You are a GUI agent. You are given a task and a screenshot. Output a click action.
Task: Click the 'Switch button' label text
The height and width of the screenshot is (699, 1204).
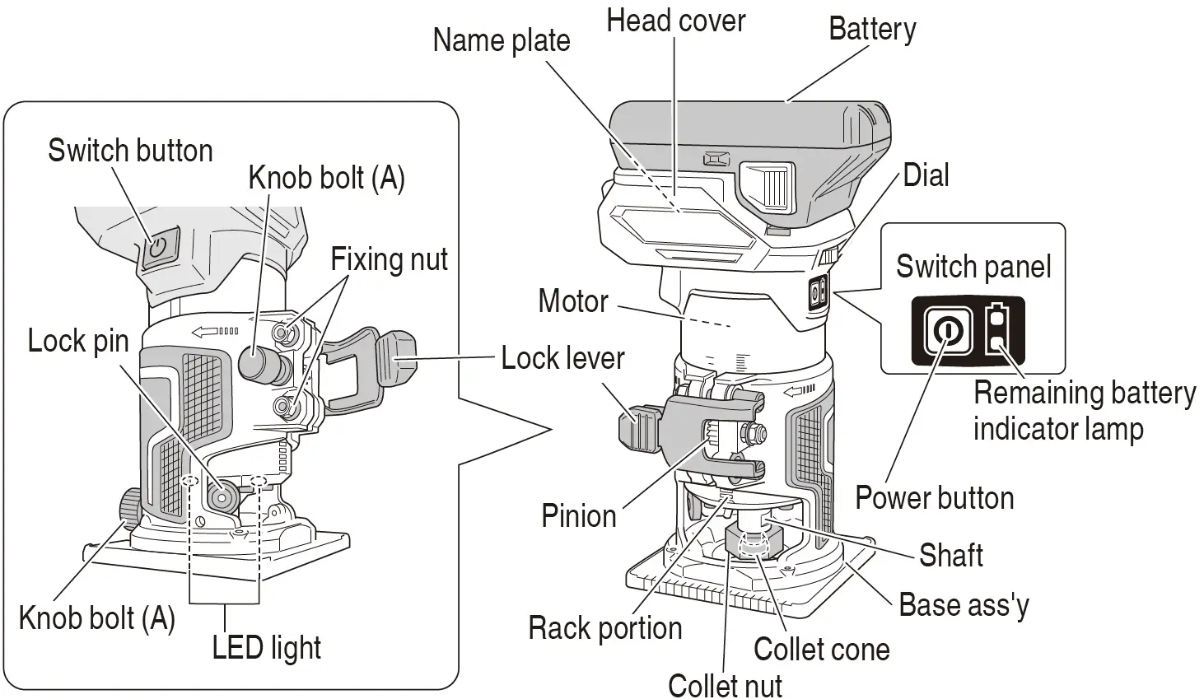point(131,150)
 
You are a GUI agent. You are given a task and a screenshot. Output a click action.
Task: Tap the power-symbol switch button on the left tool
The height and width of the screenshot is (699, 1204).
point(159,248)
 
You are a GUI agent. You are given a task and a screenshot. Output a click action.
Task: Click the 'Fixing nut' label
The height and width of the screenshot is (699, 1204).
point(389,259)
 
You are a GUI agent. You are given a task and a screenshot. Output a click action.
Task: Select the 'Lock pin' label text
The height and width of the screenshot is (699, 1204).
point(78,341)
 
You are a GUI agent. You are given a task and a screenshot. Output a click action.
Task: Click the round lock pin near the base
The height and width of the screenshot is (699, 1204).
point(222,496)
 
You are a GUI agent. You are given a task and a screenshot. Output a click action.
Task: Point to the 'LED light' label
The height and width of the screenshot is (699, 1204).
point(267,647)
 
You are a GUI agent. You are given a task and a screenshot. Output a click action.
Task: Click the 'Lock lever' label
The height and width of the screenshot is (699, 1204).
point(562,358)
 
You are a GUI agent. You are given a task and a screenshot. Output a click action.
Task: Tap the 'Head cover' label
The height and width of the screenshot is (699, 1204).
point(675,21)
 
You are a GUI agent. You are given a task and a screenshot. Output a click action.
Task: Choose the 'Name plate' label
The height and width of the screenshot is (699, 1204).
point(502,41)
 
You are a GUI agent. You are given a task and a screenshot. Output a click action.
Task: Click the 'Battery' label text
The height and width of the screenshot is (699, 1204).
point(872,30)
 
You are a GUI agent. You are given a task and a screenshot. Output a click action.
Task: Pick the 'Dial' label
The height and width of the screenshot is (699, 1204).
point(926,175)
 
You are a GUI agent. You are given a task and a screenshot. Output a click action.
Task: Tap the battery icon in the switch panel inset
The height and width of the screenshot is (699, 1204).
point(997,329)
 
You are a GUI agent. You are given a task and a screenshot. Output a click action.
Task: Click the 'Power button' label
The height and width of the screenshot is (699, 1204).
point(935,497)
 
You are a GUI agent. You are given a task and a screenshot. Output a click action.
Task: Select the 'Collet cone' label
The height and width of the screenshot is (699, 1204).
point(822,649)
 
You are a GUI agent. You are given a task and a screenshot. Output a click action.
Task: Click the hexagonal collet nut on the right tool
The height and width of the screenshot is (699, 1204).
point(753,543)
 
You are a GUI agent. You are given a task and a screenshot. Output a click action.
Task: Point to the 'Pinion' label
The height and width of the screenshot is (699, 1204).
point(579,515)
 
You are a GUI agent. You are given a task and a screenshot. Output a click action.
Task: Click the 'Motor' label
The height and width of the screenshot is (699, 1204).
point(573,301)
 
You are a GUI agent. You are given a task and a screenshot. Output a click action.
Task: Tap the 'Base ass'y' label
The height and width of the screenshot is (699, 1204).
point(964,605)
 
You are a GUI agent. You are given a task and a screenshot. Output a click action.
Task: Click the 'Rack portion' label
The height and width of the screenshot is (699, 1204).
point(605,628)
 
